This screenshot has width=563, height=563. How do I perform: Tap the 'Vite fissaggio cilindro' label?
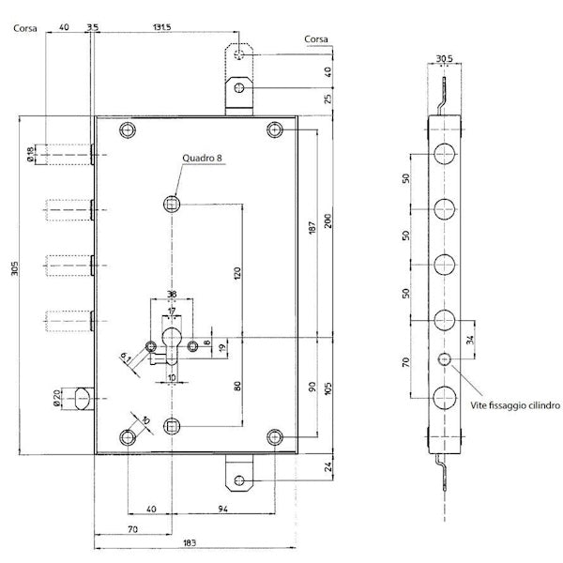pyautogui.click(x=515, y=405)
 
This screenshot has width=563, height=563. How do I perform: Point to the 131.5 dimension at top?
pyautogui.click(x=162, y=27)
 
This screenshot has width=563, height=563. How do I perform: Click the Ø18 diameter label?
pyautogui.click(x=33, y=155)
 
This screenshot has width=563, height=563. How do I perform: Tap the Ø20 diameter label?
pyautogui.click(x=58, y=399)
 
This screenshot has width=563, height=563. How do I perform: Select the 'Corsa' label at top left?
pyautogui.click(x=25, y=28)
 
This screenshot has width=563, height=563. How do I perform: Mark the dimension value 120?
pyautogui.click(x=237, y=274)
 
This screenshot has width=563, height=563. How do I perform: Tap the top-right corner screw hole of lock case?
pyautogui.click(x=274, y=129)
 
